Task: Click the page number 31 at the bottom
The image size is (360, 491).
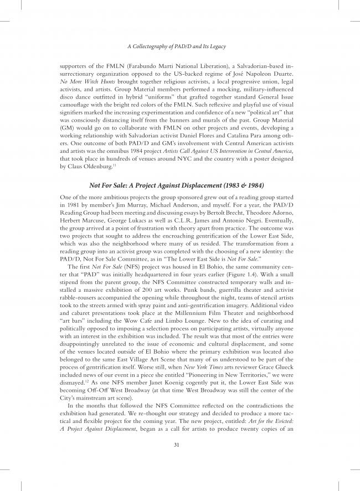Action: point(179,443)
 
